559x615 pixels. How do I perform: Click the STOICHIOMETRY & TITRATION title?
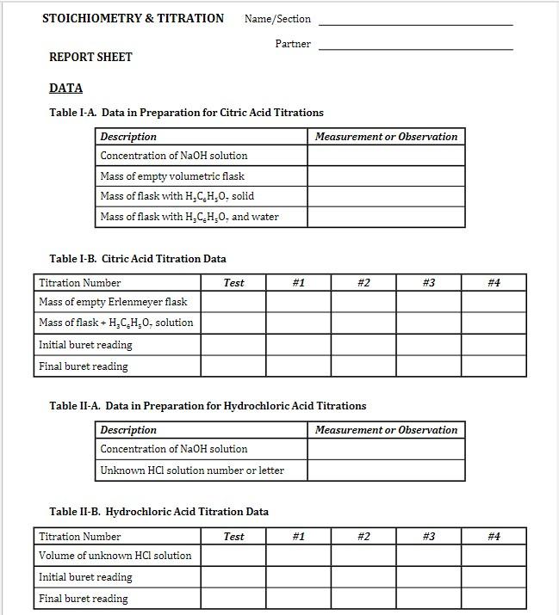133,18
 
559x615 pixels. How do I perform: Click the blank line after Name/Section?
415,23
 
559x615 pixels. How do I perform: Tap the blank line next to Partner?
415,48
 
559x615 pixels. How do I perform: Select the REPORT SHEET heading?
90,57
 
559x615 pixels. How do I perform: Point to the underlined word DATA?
66,88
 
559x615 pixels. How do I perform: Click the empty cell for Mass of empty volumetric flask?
386,176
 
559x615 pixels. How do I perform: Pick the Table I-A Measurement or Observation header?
386,137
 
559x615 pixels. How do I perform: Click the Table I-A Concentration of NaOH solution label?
174,156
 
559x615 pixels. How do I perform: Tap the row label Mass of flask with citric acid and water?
189,217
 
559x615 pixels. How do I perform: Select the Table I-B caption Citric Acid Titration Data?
138,258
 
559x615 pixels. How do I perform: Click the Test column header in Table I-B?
233,283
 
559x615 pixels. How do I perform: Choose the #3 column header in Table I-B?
429,283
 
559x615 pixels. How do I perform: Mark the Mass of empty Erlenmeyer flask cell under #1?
298,302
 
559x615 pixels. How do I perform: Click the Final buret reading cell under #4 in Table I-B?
494,366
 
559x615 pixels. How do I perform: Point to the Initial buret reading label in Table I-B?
85,345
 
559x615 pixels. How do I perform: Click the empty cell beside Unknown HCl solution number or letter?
386,470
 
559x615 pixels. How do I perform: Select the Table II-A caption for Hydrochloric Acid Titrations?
208,405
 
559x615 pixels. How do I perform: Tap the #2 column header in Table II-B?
363,537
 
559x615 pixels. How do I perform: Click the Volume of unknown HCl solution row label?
115,556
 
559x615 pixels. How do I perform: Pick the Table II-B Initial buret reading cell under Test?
233,577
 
